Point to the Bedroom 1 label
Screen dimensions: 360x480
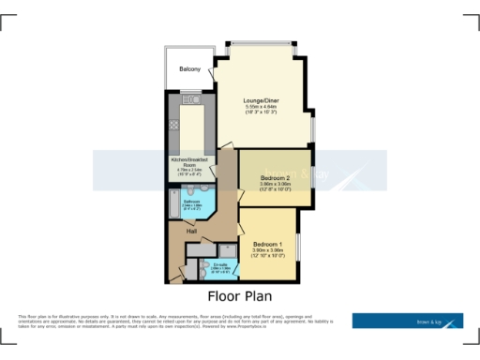[268, 243]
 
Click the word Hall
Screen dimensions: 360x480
[190, 230]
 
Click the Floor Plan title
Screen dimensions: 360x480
[239, 295]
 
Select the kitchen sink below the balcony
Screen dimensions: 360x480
[190, 97]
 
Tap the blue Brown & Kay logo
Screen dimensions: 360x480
[407, 321]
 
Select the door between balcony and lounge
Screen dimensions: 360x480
[214, 70]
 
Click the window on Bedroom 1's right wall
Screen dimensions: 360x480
[298, 245]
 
